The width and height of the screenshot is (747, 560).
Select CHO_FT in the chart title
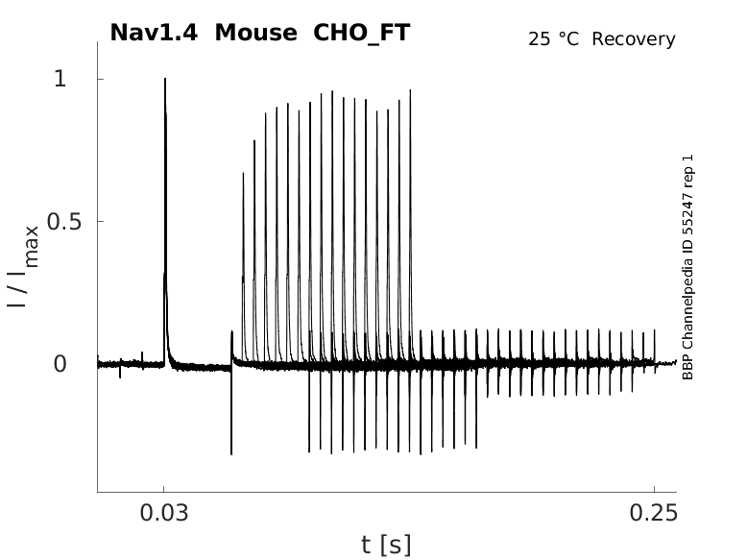(362, 33)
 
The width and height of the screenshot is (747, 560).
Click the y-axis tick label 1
(60, 79)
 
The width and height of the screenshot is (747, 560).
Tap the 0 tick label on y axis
(60, 364)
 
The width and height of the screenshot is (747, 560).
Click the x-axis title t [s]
(386, 546)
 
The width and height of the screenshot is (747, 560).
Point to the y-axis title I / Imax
(23, 265)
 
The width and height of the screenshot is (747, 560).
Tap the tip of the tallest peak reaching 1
(165, 80)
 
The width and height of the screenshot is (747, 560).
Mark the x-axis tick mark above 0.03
(164, 489)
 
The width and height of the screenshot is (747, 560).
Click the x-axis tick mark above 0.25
(654, 489)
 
